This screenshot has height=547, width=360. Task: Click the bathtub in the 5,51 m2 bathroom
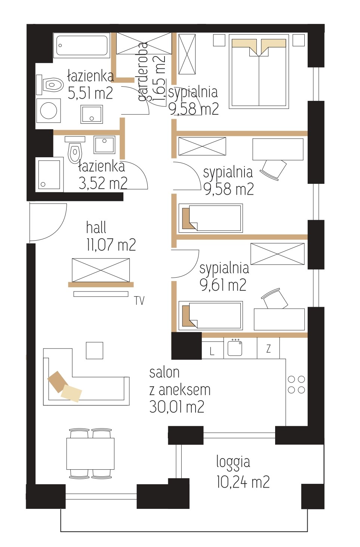[81, 46]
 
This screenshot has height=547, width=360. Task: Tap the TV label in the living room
[139, 301]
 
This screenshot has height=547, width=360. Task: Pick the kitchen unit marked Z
[268, 348]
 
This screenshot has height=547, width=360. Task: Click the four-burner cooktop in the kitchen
[296, 384]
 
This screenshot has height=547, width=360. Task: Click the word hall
[96, 227]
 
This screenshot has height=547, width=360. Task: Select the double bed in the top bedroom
[259, 71]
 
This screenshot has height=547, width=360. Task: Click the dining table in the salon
[90, 454]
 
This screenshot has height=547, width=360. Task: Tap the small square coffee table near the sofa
[95, 350]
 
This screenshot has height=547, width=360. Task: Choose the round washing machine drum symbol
[49, 110]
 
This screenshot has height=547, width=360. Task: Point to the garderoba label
[143, 71]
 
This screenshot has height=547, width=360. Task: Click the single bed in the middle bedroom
[211, 218]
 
